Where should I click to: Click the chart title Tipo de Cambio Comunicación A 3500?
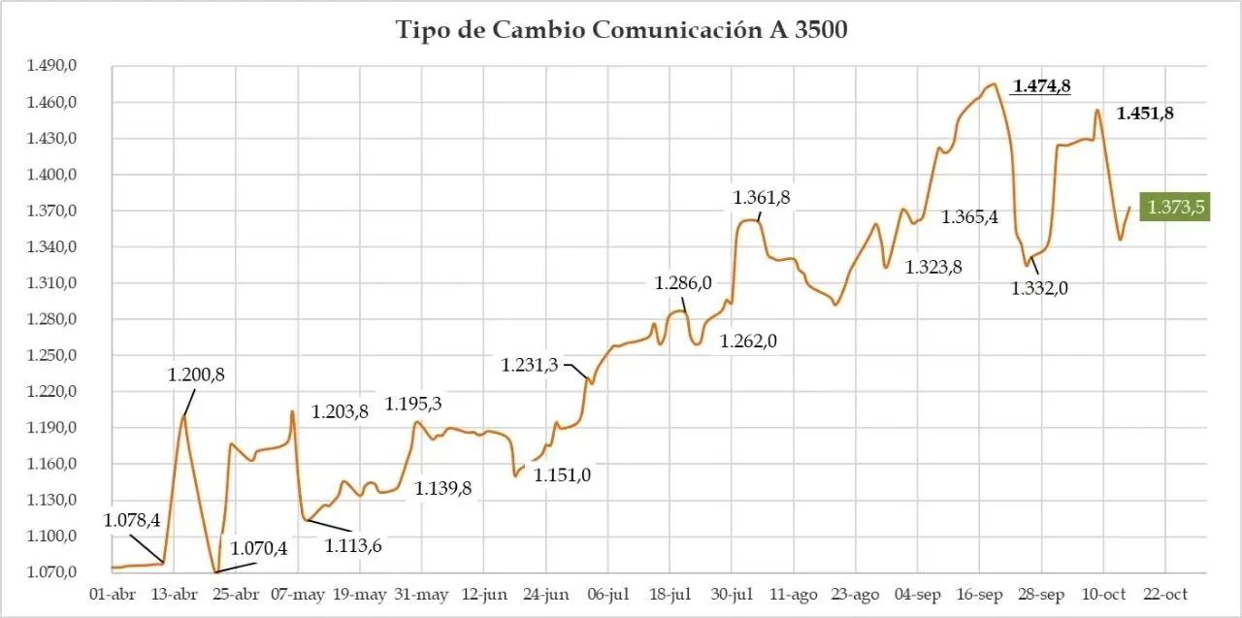point(622,30)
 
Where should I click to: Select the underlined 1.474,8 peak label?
point(1041,86)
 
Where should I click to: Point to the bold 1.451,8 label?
point(1145,113)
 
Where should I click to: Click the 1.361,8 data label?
point(761,197)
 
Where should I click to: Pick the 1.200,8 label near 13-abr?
point(195,374)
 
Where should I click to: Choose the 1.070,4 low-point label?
point(258,549)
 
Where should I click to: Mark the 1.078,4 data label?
point(132,520)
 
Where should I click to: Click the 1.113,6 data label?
point(352,545)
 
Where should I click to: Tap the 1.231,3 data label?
point(530,365)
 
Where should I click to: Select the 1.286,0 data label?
point(683,283)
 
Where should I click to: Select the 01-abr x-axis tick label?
point(111,594)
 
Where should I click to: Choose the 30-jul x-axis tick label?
point(733,594)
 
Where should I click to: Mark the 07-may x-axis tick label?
point(297,594)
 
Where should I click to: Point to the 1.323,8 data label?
point(933,268)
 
